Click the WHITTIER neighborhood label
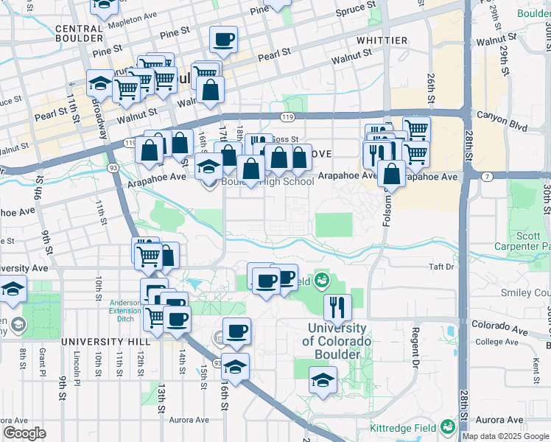coord(382,40)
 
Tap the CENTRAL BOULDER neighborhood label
coord(69,32)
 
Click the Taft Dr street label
coord(441,267)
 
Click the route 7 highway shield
coord(487,176)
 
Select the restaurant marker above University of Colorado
coord(337,306)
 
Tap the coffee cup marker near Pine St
coord(223,39)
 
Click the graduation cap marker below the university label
coord(323,381)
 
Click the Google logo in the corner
coord(24,433)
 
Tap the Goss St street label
coord(284,138)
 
